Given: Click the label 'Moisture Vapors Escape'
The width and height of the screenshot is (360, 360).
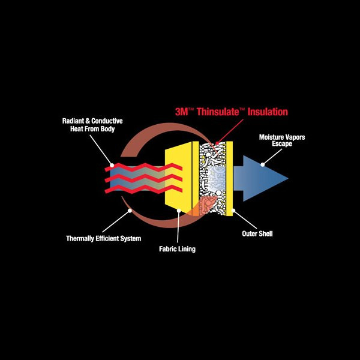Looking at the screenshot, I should pyautogui.click(x=282, y=141).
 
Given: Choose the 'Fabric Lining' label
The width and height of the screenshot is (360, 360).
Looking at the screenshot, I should pyautogui.click(x=177, y=248).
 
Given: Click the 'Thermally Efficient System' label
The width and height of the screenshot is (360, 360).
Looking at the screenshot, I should pyautogui.click(x=103, y=239).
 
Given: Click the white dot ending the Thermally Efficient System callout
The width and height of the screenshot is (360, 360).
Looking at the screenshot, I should pyautogui.click(x=128, y=211).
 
